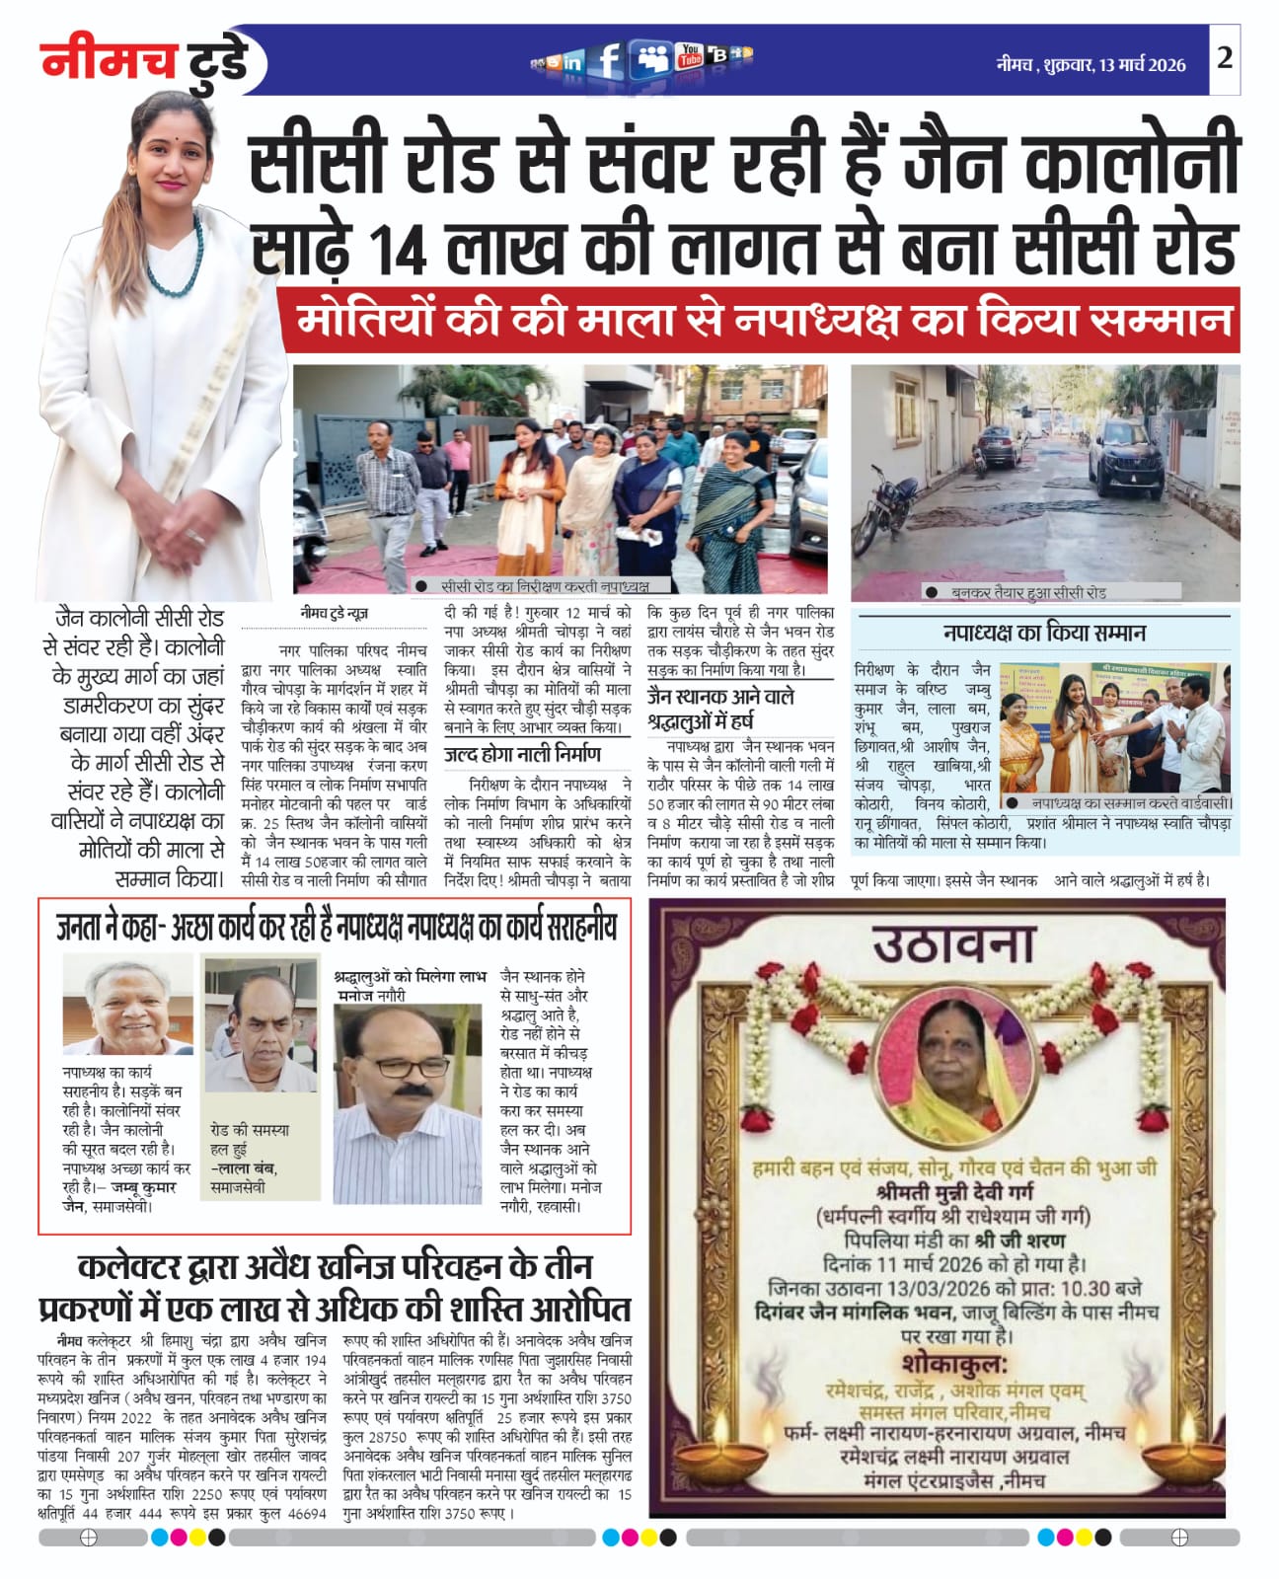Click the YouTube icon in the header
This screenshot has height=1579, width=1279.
point(689,57)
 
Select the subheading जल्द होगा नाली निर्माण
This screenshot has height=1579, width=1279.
point(522,755)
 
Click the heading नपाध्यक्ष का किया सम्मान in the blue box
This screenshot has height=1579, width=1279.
point(1044,633)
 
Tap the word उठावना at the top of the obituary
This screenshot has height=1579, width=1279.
point(953,946)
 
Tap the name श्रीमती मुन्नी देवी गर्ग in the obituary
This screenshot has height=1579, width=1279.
point(951,1193)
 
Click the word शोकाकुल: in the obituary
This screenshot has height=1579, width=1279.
point(953,1365)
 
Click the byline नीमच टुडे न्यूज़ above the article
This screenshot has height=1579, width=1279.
point(335,614)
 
